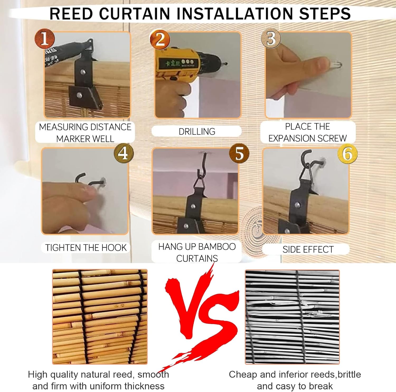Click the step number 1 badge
pyautogui.click(x=45, y=39)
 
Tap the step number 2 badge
pyautogui.click(x=160, y=39)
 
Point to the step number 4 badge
pyautogui.click(x=124, y=153)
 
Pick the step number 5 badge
pyautogui.click(x=239, y=153)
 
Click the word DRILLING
pyautogui.click(x=197, y=131)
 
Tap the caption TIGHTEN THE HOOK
pyautogui.click(x=86, y=248)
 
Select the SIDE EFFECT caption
pyautogui.click(x=308, y=249)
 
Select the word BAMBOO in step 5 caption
pyautogui.click(x=217, y=247)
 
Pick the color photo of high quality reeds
pyautogui.click(x=100, y=317)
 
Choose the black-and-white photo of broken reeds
pyautogui.click(x=292, y=317)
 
